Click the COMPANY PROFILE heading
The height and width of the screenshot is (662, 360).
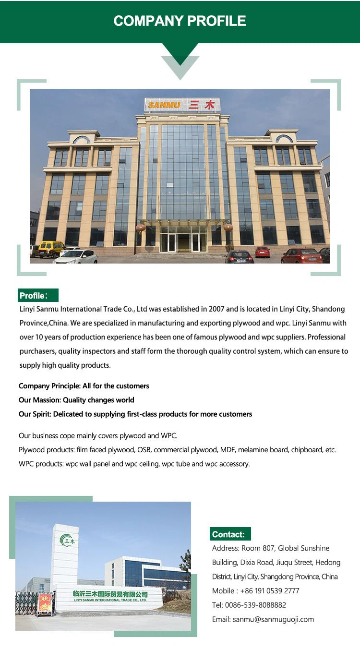pos(180,21)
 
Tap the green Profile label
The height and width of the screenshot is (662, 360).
pos(38,295)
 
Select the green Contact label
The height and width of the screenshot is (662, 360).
pos(230,534)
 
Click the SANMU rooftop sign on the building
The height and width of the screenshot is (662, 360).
pos(182,105)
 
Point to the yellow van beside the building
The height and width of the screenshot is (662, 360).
pos(50,249)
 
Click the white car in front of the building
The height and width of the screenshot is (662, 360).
pos(76,257)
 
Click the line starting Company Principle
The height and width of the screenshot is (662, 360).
pos(84,386)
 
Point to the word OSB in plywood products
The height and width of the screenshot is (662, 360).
pos(144,450)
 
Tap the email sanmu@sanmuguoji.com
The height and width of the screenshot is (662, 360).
pos(273,619)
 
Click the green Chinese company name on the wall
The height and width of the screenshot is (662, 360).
pos(110,594)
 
